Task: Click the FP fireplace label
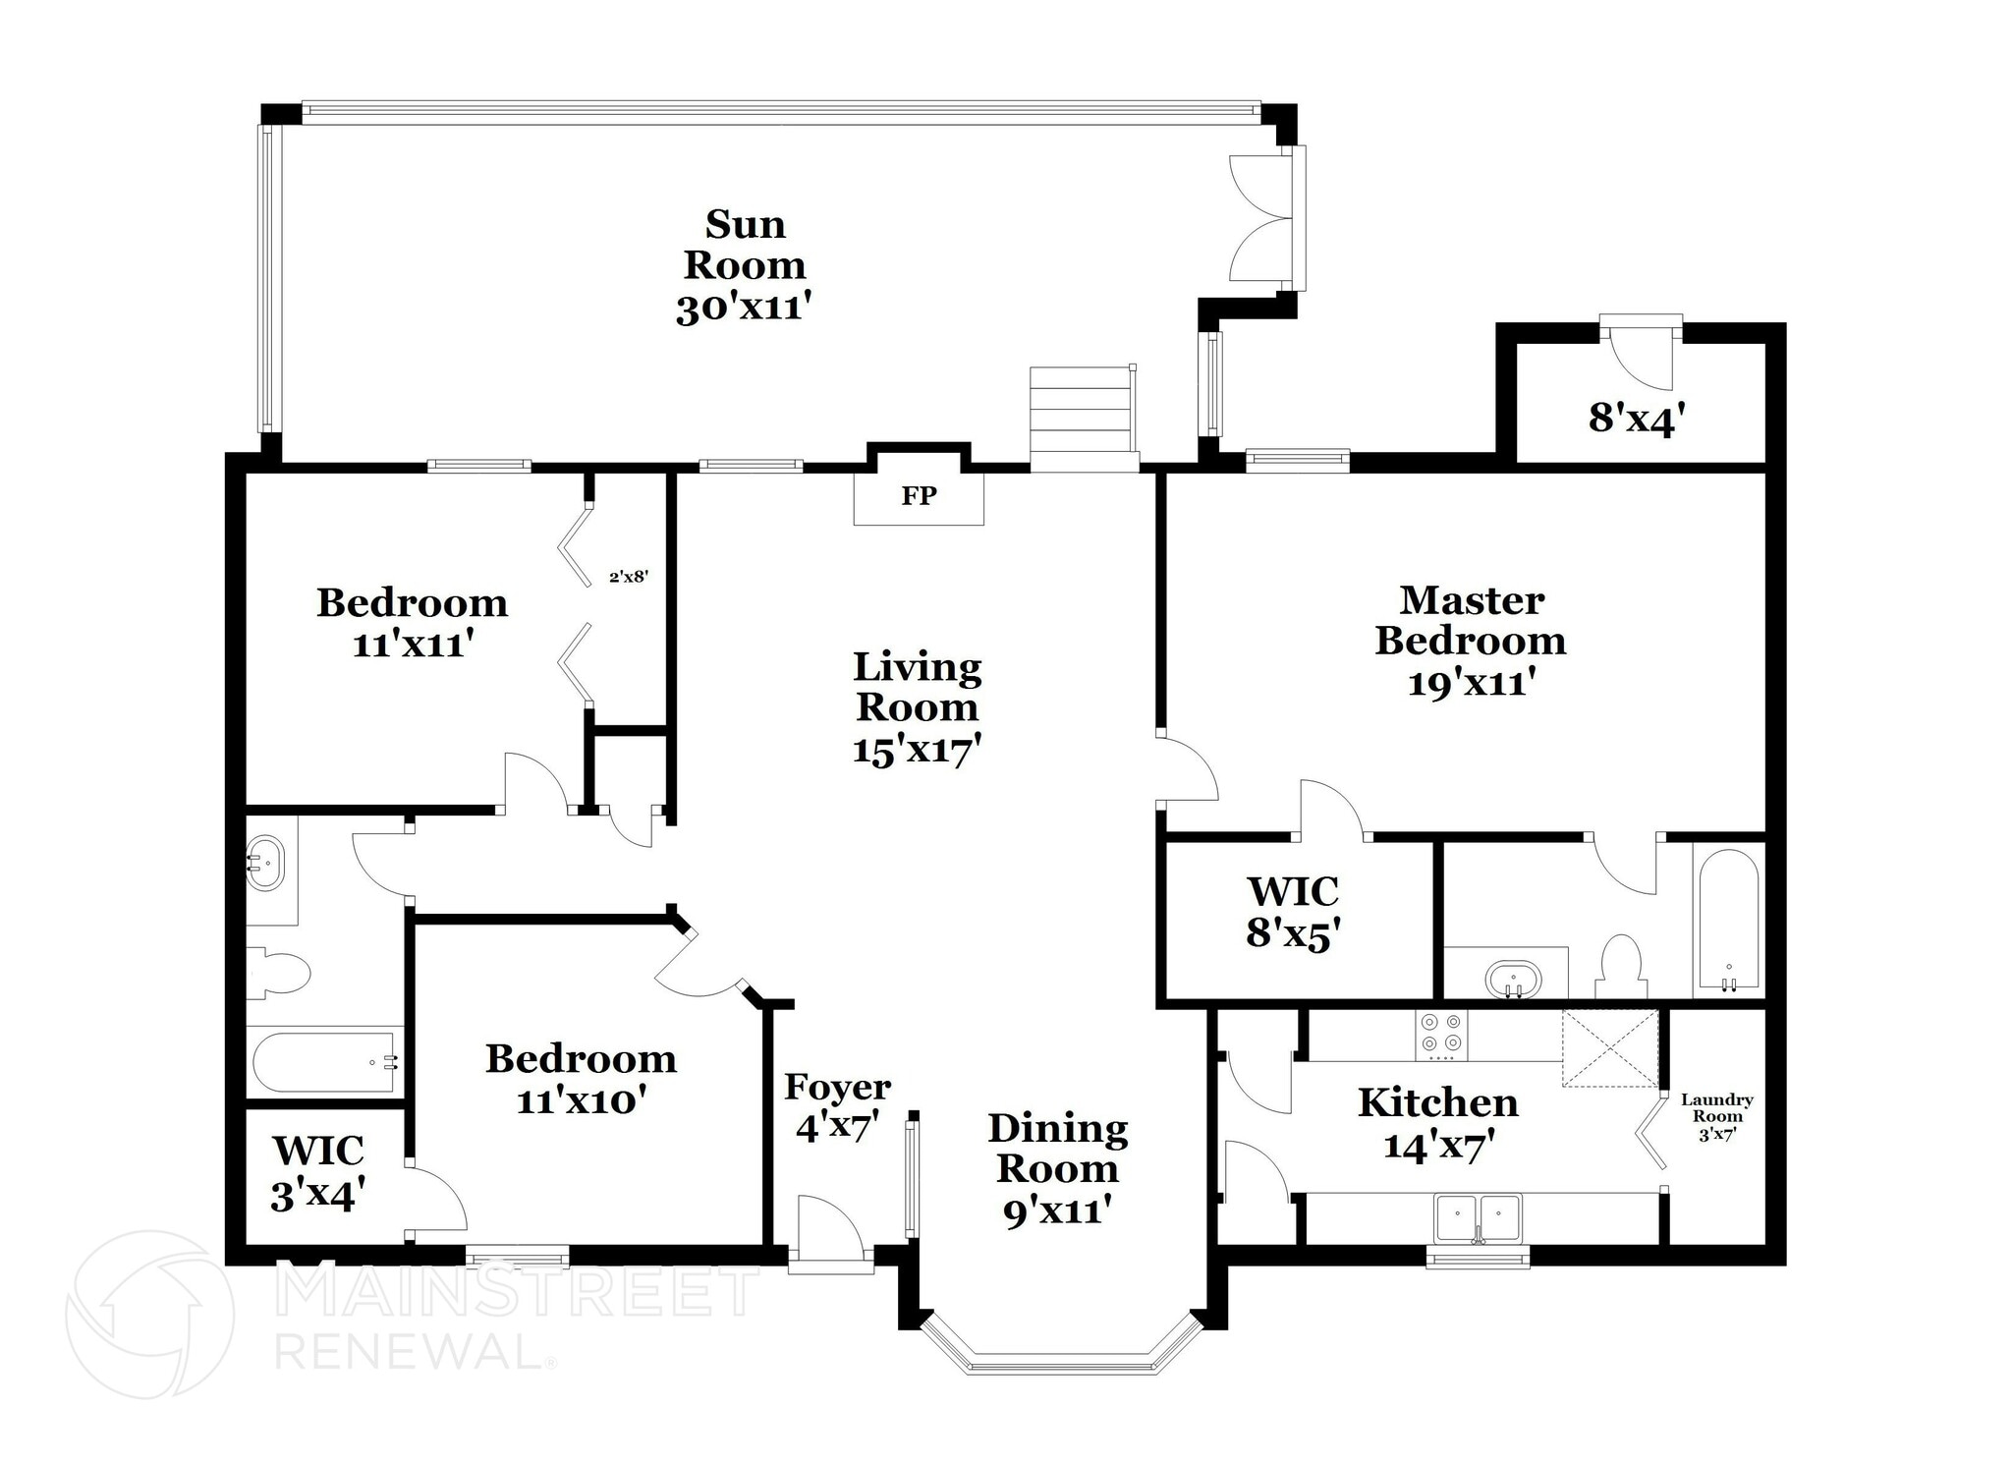pyautogui.click(x=919, y=496)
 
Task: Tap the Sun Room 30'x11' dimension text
pyautogui.click(x=744, y=309)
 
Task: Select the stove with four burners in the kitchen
pyautogui.click(x=1440, y=1035)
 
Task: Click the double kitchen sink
pyautogui.click(x=1477, y=1218)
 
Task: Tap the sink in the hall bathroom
pyautogui.click(x=263, y=864)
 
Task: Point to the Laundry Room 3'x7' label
pyautogui.click(x=1717, y=1116)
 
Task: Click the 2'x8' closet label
pyautogui.click(x=629, y=577)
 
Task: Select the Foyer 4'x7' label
pyautogui.click(x=837, y=1107)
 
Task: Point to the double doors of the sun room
pyautogui.click(x=1262, y=218)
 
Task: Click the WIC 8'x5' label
pyautogui.click(x=1293, y=912)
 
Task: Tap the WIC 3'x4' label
pyautogui.click(x=318, y=1171)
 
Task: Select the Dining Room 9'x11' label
pyautogui.click(x=1057, y=1169)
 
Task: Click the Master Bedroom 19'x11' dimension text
pyautogui.click(x=1471, y=682)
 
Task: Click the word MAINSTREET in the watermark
pyautogui.click(x=516, y=1292)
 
